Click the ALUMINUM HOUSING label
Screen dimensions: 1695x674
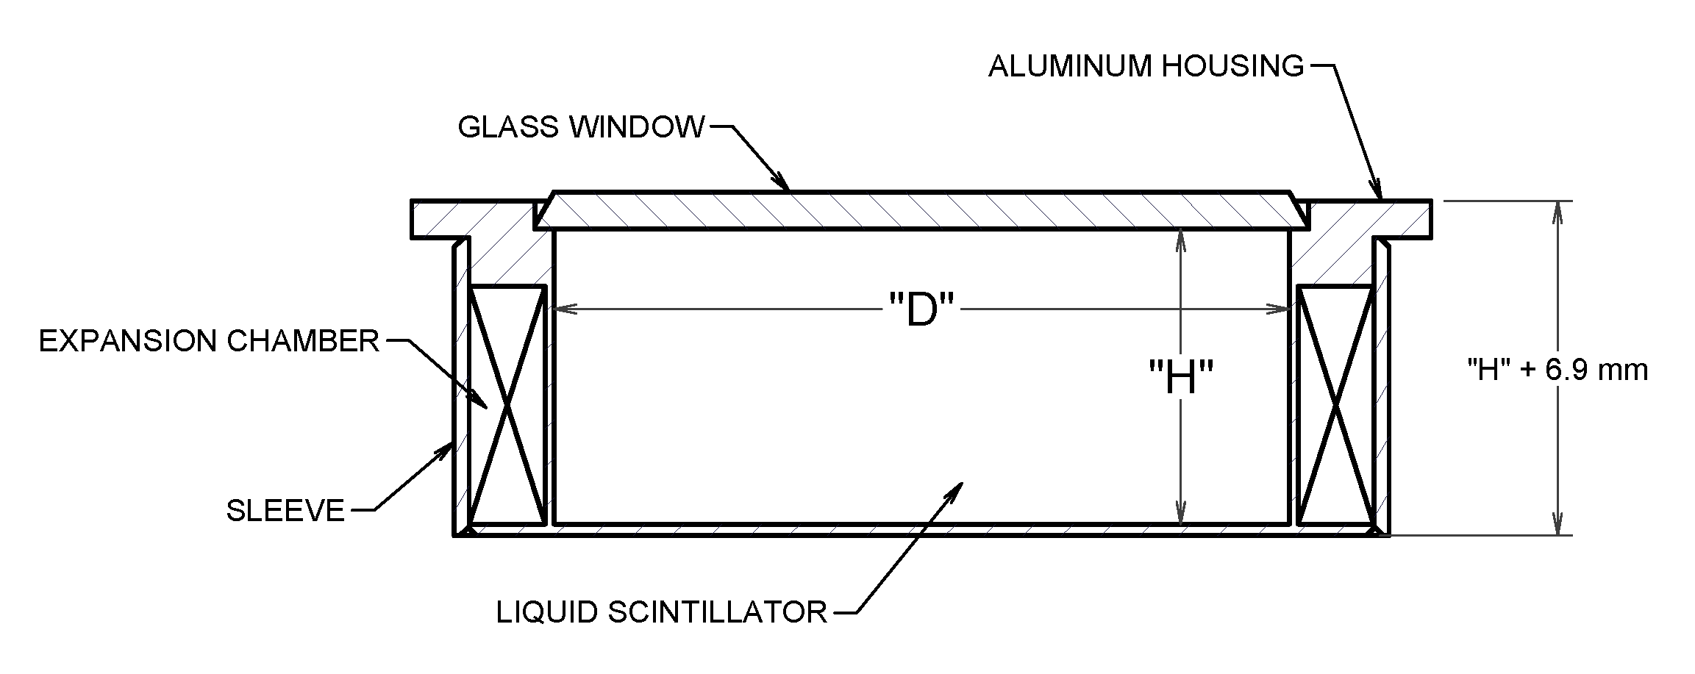coord(1146,66)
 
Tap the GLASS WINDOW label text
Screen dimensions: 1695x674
coord(581,127)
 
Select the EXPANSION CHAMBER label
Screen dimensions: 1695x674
coord(209,341)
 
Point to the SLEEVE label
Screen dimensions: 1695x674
coord(285,510)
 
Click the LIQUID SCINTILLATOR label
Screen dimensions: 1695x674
coord(662,612)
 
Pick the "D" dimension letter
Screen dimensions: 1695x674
coord(921,310)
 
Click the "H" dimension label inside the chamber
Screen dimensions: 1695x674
coord(1180,379)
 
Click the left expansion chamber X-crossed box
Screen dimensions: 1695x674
coord(507,406)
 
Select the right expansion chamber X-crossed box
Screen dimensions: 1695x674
coord(1335,406)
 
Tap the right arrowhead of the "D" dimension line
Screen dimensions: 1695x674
coord(1278,310)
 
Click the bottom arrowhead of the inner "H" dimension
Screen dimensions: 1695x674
coord(1180,512)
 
